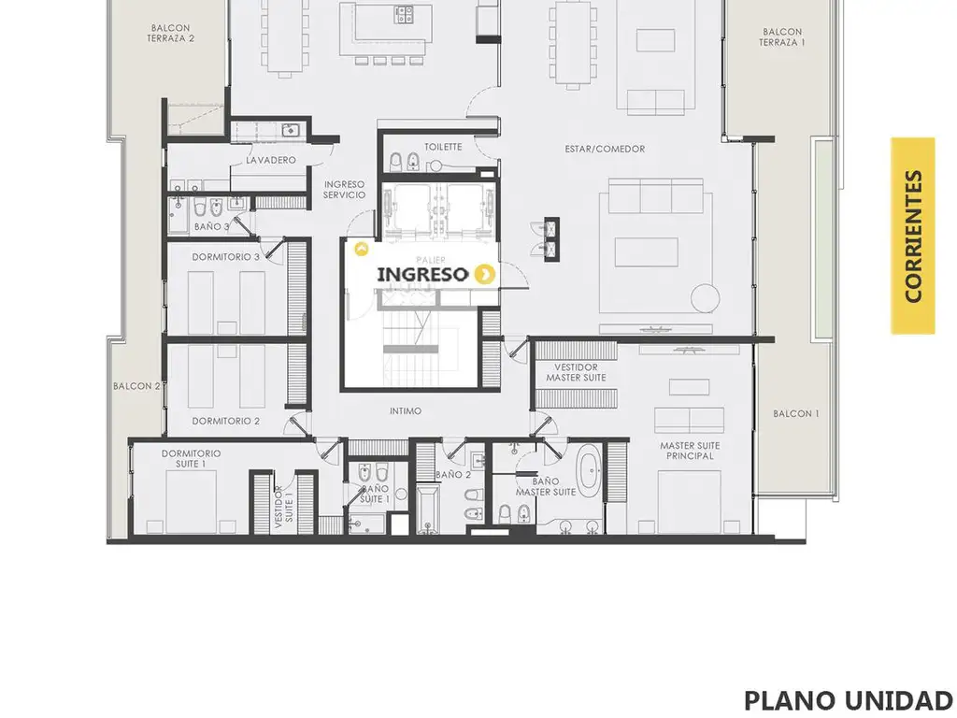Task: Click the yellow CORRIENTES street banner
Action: point(912,236)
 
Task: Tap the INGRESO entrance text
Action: point(422,275)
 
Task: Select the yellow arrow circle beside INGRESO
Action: point(485,275)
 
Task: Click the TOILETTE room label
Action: point(443,147)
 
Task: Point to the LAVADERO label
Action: point(271,160)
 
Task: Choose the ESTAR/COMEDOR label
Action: point(605,149)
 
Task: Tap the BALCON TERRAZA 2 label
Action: point(171,33)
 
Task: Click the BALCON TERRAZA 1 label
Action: point(782,37)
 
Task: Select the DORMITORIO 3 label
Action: point(226,257)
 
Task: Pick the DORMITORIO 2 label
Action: point(226,422)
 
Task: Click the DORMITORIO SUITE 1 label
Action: point(191,458)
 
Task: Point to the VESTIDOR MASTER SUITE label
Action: point(576,372)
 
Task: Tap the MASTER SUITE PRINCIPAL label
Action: point(690,451)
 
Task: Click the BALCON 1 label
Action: point(796,413)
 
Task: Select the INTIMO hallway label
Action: point(406,411)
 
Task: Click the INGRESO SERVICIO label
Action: point(344,190)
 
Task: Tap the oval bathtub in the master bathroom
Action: point(589,471)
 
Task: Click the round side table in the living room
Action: point(705,298)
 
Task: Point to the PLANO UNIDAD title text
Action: point(849,700)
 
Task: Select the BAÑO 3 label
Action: point(212,226)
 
